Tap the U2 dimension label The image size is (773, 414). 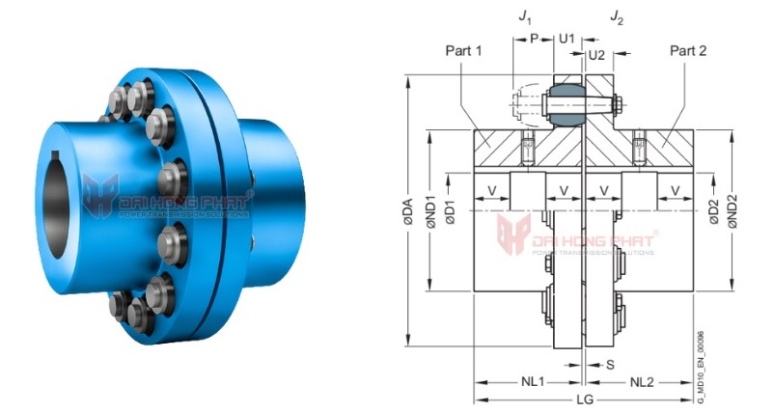pos(596,57)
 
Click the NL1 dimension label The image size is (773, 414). pos(530,382)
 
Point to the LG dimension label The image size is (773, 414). pos(585,400)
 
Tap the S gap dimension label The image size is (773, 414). pos(609,364)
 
